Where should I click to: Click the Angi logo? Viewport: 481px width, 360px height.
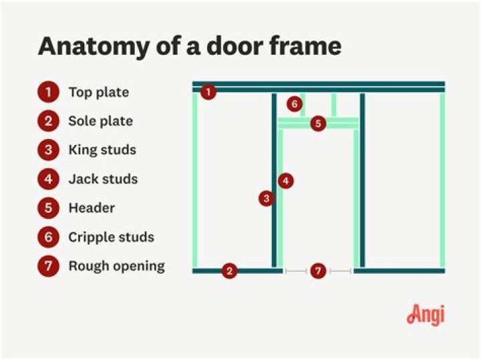425,315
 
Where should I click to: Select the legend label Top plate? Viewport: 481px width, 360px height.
98,92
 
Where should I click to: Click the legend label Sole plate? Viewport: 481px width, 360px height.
100,121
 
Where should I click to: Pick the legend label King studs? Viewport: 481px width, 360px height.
102,150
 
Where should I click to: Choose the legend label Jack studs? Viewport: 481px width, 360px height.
103,179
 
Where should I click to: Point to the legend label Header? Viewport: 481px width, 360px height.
92,208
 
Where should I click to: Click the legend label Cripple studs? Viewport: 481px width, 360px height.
111,237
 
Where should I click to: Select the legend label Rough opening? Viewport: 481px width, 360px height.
116,266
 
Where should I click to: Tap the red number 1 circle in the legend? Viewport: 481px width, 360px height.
49,92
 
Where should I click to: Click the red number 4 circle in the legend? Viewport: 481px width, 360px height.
49,179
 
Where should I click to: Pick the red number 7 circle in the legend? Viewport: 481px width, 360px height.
49,266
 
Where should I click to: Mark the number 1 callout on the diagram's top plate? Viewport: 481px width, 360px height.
208,92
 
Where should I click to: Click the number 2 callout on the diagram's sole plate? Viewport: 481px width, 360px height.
229,271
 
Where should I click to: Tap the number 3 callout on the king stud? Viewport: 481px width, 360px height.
267,198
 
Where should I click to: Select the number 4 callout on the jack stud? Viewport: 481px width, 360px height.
286,180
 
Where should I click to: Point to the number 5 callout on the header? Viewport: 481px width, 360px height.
318,124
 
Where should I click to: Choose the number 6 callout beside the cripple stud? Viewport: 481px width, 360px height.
294,104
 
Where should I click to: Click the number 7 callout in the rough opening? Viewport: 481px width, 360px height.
318,271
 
